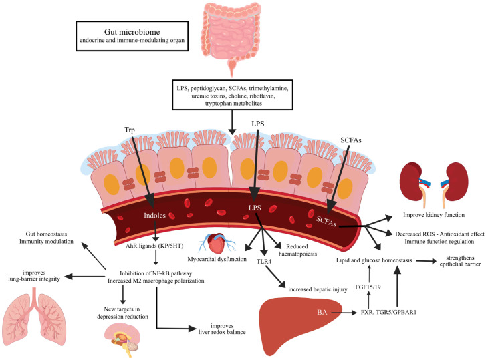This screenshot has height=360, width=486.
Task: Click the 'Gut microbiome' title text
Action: coord(132,32)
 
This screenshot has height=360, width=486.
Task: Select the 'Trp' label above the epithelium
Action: coord(130,130)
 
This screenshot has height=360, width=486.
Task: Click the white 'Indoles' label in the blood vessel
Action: coord(154,216)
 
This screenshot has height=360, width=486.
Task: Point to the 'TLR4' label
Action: coord(264,262)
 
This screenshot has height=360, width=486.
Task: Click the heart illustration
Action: coord(217,244)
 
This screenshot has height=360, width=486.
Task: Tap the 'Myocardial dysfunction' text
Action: coord(217,259)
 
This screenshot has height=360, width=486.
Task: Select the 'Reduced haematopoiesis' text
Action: coord(298,250)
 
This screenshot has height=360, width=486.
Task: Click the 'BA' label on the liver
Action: coord(322,312)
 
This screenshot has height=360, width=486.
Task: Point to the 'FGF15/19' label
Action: coord(368,287)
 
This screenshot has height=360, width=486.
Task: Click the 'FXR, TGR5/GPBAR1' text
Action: coord(388,312)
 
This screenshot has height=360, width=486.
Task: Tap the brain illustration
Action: coord(122,340)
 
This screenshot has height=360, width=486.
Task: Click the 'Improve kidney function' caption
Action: coord(434,215)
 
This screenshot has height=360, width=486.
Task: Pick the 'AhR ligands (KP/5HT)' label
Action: coord(154,246)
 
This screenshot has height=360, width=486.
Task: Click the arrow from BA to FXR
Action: coord(344,313)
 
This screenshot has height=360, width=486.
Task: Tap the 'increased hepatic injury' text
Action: coord(318,289)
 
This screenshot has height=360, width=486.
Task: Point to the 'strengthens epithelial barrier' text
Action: coord(461,261)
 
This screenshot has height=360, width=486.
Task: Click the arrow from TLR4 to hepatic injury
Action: coord(275,277)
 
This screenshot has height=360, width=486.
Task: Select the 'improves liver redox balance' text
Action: coord(222,329)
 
